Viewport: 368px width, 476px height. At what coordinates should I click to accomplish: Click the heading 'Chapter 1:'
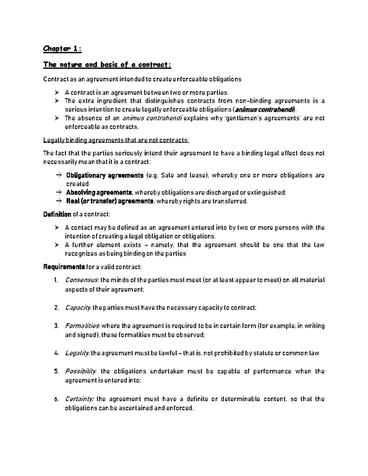(x=62, y=49)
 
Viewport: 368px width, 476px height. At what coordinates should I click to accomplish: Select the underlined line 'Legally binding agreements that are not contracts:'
(x=116, y=140)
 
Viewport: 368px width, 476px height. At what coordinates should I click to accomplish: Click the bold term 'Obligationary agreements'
(x=105, y=175)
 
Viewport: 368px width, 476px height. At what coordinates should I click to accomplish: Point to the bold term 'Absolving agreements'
(x=99, y=192)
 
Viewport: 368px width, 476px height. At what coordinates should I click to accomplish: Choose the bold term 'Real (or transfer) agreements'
(x=109, y=201)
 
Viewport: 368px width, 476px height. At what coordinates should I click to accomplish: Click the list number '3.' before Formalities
(x=56, y=326)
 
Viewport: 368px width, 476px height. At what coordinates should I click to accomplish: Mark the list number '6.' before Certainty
(x=56, y=399)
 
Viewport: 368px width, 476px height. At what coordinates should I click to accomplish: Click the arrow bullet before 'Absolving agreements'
(x=59, y=192)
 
